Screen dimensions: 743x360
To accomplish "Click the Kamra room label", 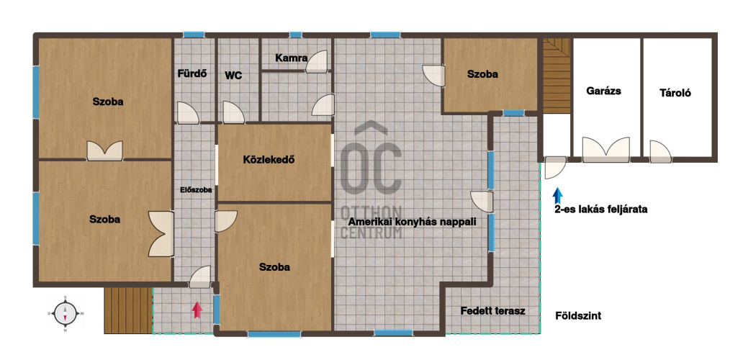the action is point(292,59).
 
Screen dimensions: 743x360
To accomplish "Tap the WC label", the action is point(233,76).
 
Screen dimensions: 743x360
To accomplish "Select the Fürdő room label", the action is point(192,73).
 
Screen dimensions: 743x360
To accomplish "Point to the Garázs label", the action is point(603,91).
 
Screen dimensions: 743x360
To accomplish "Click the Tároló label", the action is point(675,93).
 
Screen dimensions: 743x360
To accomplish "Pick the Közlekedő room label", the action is point(269,160).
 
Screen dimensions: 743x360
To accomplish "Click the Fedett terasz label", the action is point(492,311).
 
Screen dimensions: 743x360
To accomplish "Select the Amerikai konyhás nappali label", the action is point(413,222).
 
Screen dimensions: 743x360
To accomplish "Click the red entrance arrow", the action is point(197,310).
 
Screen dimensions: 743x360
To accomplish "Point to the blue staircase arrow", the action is point(558,196).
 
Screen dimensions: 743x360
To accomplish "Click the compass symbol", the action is point(66,313).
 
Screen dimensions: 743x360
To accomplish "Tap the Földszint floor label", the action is point(578,316).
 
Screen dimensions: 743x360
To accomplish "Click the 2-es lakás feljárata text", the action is point(601,209).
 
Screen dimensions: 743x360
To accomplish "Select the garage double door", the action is point(606,150).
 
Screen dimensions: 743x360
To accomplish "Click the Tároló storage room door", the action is point(660,152).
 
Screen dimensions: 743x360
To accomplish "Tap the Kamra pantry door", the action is point(317,62).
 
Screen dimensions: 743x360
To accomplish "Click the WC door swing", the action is point(233,112).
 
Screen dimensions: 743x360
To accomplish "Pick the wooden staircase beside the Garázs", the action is point(557,75).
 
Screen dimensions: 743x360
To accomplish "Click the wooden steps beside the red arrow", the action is point(128,310).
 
